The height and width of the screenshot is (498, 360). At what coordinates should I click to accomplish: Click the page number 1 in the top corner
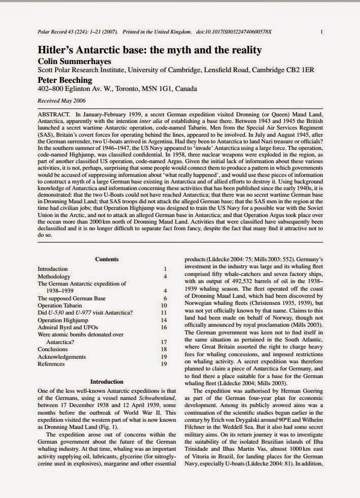[322, 32]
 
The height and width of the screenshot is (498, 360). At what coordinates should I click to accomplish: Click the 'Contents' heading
[107, 259]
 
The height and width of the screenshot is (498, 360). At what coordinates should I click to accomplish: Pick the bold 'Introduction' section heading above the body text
[107, 381]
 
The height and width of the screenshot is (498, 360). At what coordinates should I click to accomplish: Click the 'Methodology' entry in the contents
[54, 276]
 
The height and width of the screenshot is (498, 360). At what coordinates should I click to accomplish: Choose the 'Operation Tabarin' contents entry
[59, 305]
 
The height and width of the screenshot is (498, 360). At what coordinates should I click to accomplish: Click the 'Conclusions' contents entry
[53, 350]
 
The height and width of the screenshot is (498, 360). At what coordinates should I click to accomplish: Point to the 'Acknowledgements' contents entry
[61, 357]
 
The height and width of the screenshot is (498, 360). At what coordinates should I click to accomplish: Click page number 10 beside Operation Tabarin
[164, 305]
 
